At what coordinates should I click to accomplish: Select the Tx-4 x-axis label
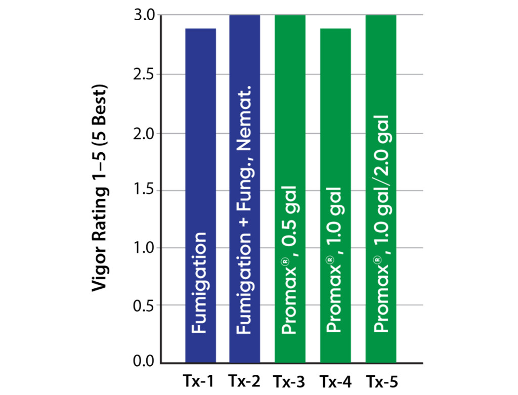pyautogui.click(x=335, y=380)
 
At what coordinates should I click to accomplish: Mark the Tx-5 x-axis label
pyautogui.click(x=380, y=380)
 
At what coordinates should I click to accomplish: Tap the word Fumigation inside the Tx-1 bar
pyautogui.click(x=200, y=283)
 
